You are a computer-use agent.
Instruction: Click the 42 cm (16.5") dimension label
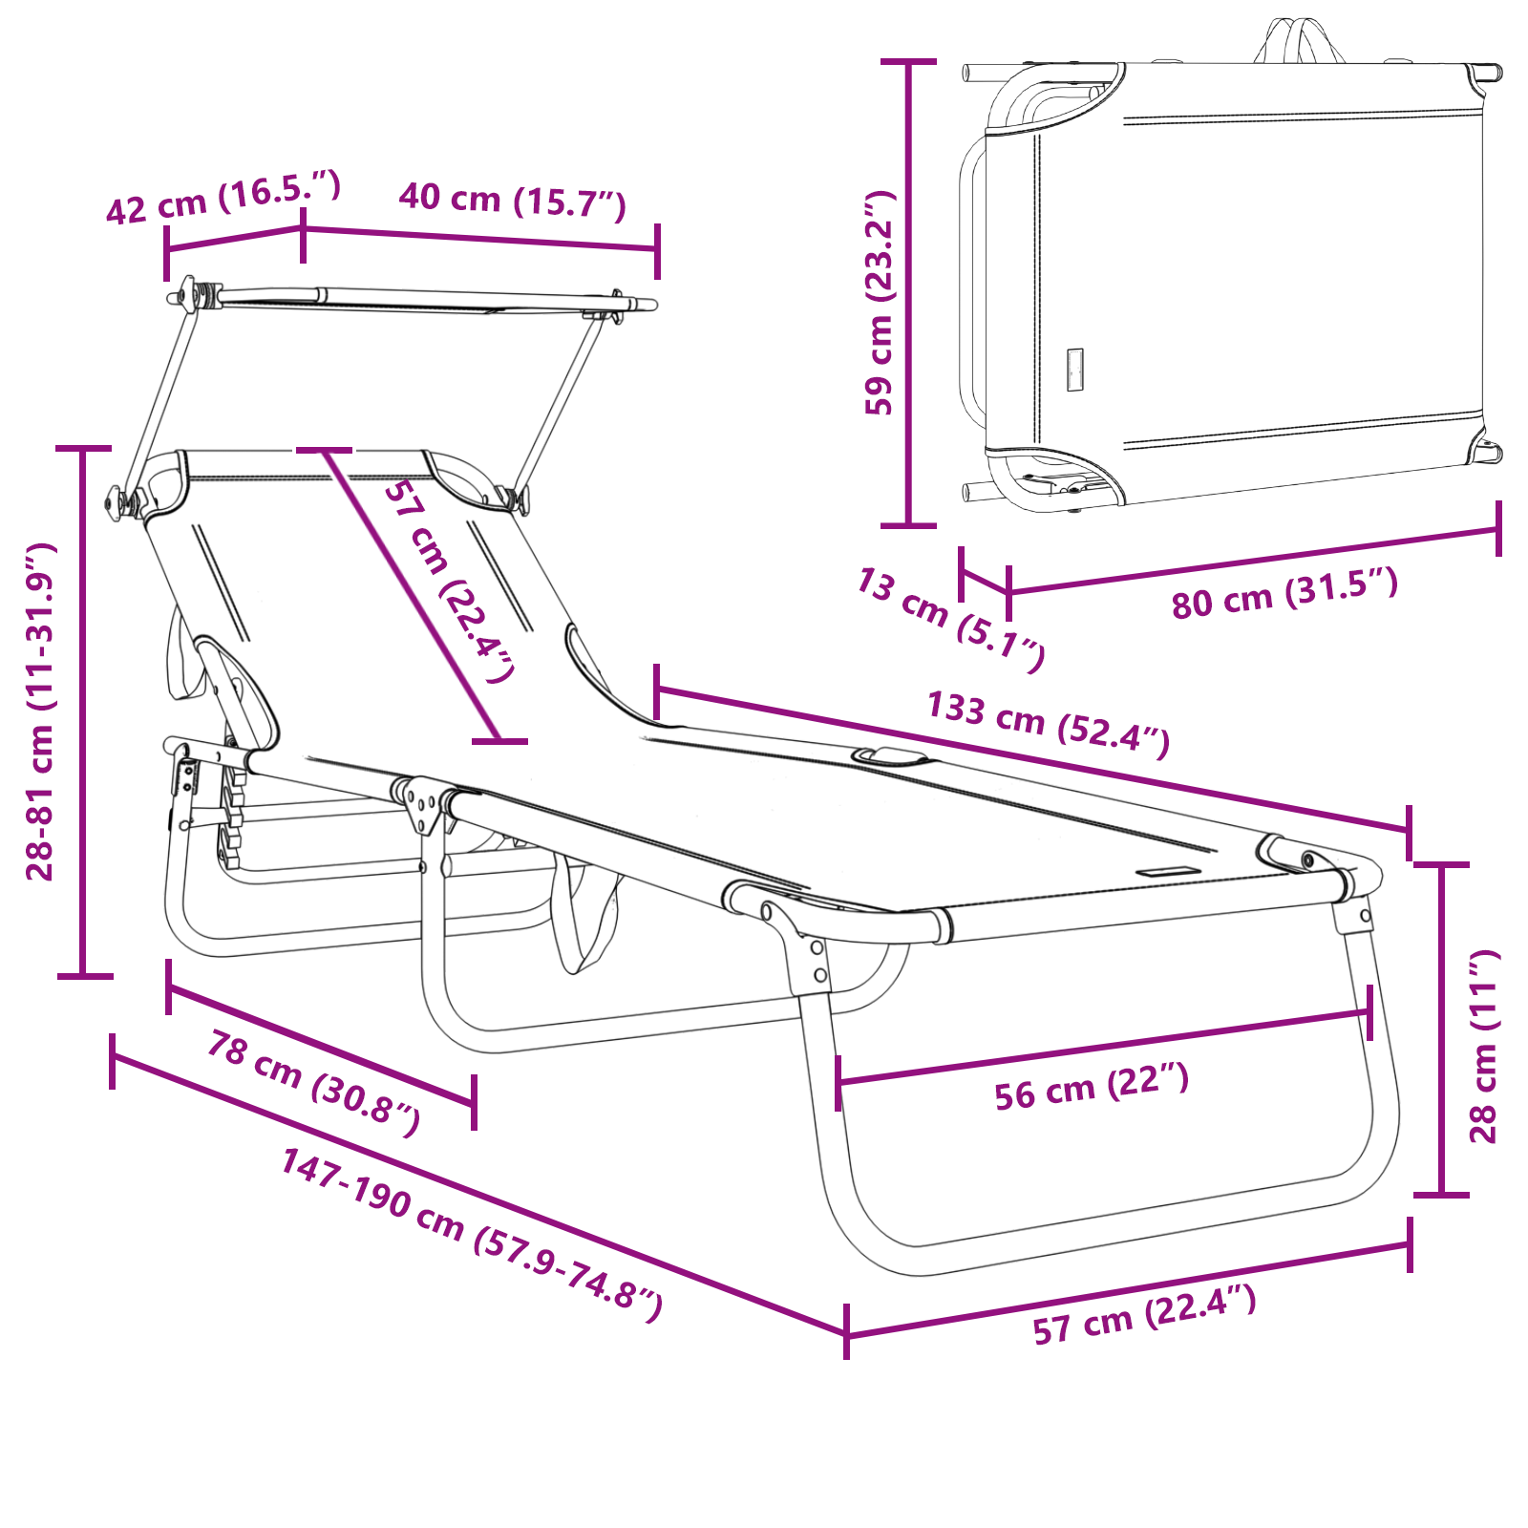coord(223,198)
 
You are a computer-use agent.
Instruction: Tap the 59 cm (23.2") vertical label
coord(880,303)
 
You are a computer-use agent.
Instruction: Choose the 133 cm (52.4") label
coord(1048,723)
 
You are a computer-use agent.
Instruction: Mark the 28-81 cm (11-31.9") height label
coord(40,711)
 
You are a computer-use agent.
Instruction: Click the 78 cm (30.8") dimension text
coord(313,1084)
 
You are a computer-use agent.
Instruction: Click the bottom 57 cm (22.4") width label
coord(1144,1314)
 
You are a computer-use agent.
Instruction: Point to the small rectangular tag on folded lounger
coord(1075,370)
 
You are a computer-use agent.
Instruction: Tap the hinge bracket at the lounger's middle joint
coord(421,805)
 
